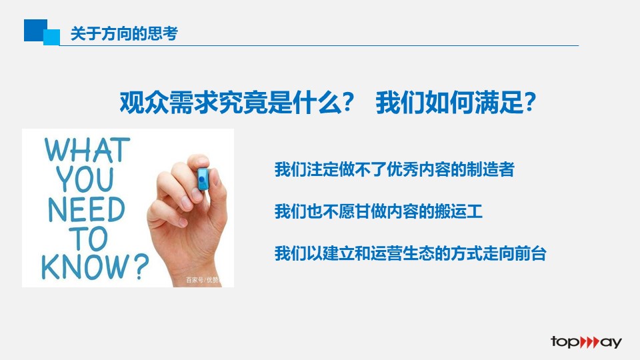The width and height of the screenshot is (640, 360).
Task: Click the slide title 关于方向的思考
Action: click(124, 33)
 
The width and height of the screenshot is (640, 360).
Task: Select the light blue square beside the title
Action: click(52, 37)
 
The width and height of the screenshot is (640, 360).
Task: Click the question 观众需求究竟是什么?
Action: click(237, 102)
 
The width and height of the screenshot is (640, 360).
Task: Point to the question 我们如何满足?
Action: click(455, 102)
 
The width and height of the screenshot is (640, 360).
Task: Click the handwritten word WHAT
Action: click(87, 150)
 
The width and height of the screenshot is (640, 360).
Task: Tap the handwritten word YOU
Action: click(85, 179)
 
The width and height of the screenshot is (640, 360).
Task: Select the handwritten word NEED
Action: click(86, 209)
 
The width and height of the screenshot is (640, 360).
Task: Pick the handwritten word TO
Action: click(89, 239)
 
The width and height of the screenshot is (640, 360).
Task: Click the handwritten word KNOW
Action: click(85, 267)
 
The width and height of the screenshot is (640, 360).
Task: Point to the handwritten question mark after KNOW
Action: click(141, 266)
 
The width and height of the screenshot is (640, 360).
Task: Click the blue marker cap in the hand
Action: click(203, 179)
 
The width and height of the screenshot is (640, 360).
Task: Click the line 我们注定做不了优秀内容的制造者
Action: click(394, 169)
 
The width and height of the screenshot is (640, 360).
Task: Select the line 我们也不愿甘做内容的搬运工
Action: click(379, 211)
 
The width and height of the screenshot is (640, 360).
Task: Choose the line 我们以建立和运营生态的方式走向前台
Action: click(410, 253)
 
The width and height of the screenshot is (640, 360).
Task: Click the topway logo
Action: click(586, 342)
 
